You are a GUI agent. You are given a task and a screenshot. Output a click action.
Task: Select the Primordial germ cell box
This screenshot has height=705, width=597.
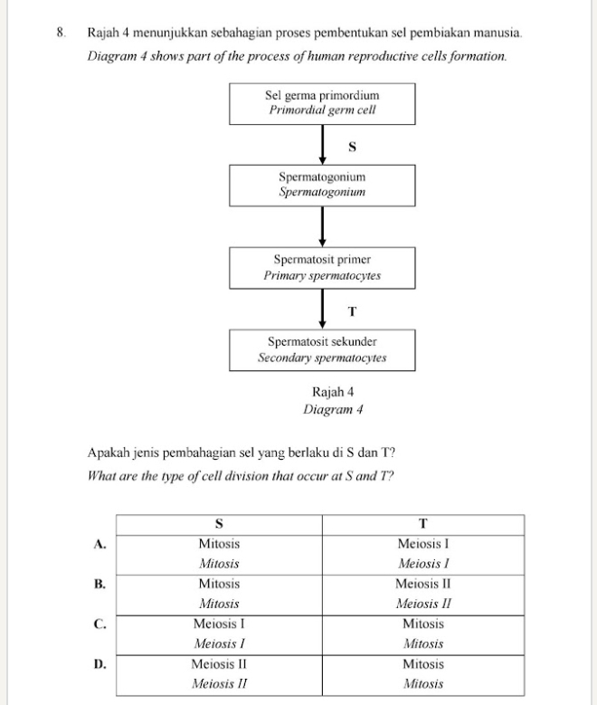pos(322,103)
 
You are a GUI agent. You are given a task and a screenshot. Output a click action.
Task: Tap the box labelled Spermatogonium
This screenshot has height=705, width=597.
pos(322,185)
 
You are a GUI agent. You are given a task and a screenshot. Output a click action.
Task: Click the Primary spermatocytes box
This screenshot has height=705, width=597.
pos(322,267)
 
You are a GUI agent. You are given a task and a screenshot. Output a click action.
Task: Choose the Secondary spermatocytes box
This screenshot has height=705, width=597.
pos(322,350)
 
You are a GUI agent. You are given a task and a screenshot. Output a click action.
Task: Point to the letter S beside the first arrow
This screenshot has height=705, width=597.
pos(352,146)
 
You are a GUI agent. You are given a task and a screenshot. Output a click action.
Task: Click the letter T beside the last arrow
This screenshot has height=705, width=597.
pos(352,310)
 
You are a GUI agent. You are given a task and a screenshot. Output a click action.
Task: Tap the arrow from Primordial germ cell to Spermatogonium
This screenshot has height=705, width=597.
pos(322,144)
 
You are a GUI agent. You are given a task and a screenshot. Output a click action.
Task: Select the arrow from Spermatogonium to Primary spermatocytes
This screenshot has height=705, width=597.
pos(322,225)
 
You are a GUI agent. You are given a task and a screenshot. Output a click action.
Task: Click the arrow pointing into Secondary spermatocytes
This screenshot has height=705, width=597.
pos(322,309)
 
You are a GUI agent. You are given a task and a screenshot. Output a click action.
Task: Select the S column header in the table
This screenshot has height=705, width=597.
pos(219,525)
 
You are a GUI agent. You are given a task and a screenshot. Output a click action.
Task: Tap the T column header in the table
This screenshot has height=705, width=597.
pos(422,525)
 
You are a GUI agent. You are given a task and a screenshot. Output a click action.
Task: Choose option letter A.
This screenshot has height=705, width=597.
pos(100,544)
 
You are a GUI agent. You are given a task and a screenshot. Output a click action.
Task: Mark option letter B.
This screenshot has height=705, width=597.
pos(100,584)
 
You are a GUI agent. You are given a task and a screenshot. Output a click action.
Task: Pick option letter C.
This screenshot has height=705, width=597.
pos(100,624)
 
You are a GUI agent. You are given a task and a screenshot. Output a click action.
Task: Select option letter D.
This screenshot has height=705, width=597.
pos(100,664)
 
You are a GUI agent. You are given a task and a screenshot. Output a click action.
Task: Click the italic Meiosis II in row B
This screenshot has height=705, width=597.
pos(422,604)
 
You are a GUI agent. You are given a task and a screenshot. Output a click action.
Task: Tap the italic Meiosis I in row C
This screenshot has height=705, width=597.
pos(219,644)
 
